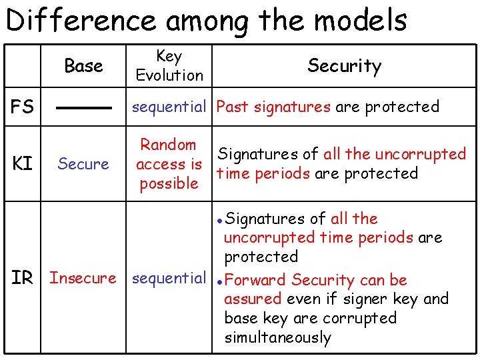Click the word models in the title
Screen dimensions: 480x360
pyautogui.click(x=360, y=20)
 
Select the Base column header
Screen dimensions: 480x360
pyautogui.click(x=83, y=66)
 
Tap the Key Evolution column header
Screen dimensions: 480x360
pyautogui.click(x=169, y=66)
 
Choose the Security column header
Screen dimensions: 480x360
pyautogui.click(x=344, y=65)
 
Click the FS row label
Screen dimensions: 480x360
pyautogui.click(x=22, y=107)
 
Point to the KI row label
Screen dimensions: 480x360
pyautogui.click(x=22, y=164)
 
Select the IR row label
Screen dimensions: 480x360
pyautogui.click(x=22, y=278)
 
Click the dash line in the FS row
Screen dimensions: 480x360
pyautogui.click(x=83, y=107)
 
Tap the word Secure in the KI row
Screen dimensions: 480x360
pyautogui.click(x=83, y=164)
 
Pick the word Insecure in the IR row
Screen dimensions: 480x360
pyautogui.click(x=83, y=278)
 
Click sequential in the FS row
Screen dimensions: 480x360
pyautogui.click(x=169, y=107)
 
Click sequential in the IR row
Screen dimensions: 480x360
pyautogui.click(x=169, y=278)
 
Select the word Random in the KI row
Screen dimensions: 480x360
pyautogui.click(x=168, y=145)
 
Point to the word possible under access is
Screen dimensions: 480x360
pyautogui.click(x=169, y=183)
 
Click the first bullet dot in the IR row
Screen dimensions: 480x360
pyautogui.click(x=220, y=219)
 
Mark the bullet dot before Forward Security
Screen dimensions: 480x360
pyautogui.click(x=220, y=281)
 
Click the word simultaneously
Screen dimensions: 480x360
pyautogui.click(x=277, y=337)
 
